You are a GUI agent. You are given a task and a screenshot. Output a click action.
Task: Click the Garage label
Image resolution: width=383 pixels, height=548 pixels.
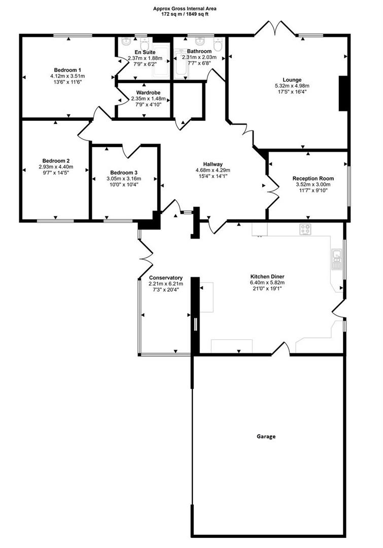coord(265,436)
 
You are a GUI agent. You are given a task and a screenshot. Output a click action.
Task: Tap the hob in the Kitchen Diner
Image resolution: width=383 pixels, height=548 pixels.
coord(305,229)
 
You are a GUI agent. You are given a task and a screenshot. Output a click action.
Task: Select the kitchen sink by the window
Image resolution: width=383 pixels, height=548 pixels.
coord(336,259)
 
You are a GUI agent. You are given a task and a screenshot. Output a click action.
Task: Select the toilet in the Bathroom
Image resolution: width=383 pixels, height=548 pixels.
coord(218,46)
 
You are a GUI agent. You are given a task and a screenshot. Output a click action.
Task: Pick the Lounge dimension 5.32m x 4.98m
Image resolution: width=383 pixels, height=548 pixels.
coord(292,86)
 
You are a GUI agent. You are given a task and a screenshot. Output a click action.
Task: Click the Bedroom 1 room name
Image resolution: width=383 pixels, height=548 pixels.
coord(67,70)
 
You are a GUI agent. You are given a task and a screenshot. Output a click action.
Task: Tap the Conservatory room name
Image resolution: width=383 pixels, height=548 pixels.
coord(165,278)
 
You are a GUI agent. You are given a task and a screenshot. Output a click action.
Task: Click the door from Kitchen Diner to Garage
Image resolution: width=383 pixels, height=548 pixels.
coord(282,349)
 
